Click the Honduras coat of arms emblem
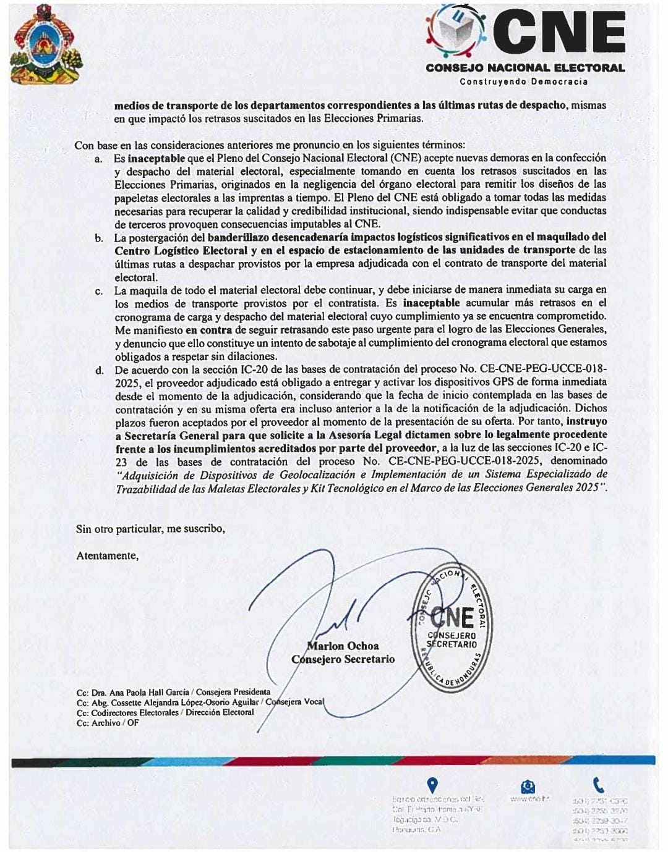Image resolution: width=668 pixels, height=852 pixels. pyautogui.click(x=45, y=45)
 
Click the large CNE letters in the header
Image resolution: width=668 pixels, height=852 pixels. pyautogui.click(x=559, y=33)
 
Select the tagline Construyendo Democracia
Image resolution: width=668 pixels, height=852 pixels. pyautogui.click(x=523, y=82)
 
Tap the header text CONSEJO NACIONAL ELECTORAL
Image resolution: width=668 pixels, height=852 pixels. pyautogui.click(x=525, y=68)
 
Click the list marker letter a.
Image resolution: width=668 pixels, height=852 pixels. pyautogui.click(x=99, y=159)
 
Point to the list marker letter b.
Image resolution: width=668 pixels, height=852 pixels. pyautogui.click(x=99, y=238)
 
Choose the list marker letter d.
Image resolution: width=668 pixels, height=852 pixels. pyautogui.click(x=99, y=371)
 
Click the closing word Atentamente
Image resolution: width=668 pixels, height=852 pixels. pyautogui.click(x=107, y=556)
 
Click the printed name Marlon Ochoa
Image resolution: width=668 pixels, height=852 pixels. pyautogui.click(x=343, y=646)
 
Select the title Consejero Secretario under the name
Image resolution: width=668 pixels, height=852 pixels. pyautogui.click(x=343, y=659)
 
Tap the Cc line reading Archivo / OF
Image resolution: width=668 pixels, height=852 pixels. pyautogui.click(x=115, y=723)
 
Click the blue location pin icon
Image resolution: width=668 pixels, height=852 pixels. pyautogui.click(x=432, y=785)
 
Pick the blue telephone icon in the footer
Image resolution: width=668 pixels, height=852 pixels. pyautogui.click(x=598, y=785)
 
